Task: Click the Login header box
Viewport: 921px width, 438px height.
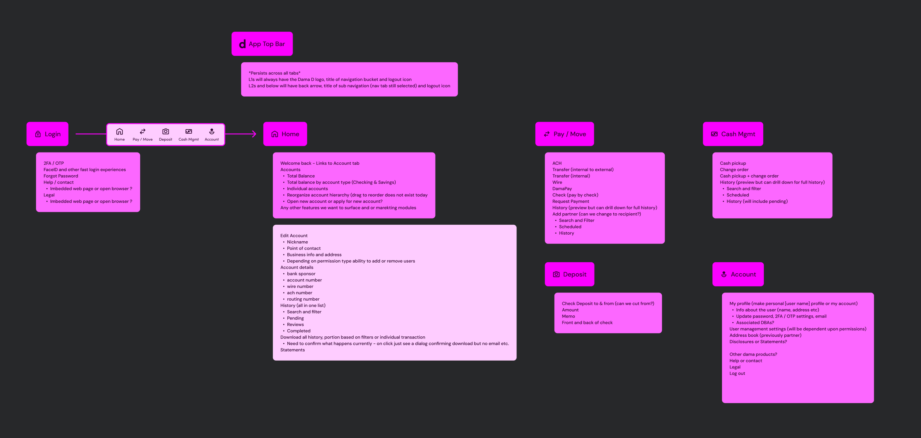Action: (x=48, y=134)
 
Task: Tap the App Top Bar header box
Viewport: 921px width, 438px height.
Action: (x=262, y=44)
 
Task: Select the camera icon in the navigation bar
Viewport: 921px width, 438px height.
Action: (x=165, y=132)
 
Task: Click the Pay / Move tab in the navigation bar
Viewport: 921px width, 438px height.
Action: (x=143, y=135)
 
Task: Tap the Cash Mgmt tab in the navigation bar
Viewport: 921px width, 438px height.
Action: (x=189, y=135)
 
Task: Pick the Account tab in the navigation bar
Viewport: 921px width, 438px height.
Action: (x=211, y=135)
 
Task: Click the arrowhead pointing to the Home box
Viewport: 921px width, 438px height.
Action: (x=254, y=134)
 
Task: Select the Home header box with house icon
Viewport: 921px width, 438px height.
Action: (x=285, y=134)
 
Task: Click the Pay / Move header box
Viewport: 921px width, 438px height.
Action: (x=564, y=134)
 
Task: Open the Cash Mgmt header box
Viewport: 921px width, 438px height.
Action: (x=733, y=134)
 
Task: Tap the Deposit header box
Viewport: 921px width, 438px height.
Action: (x=570, y=274)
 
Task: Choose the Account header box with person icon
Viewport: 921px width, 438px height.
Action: (x=738, y=274)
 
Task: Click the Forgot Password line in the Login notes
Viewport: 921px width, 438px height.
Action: (x=61, y=176)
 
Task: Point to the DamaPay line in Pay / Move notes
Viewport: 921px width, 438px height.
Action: (x=562, y=189)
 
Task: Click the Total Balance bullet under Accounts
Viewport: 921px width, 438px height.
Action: (x=301, y=176)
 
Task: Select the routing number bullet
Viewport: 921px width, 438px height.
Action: (x=303, y=299)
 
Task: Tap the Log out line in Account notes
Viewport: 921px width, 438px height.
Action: (x=737, y=374)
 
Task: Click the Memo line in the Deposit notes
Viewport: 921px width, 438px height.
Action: (x=568, y=316)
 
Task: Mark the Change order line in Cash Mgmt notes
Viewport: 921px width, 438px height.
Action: (x=734, y=170)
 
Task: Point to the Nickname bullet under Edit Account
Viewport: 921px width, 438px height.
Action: (x=297, y=242)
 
